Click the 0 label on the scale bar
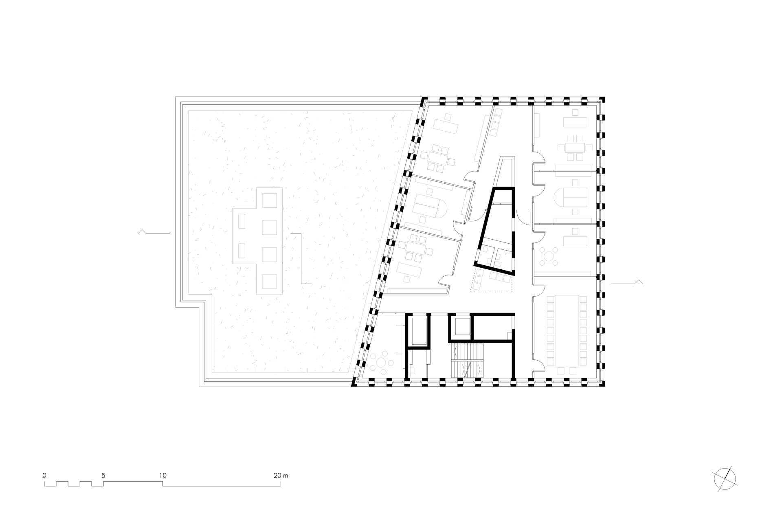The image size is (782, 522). click(44, 475)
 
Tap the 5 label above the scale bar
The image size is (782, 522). click(103, 475)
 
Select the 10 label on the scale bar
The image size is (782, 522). click(163, 475)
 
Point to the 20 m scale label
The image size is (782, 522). click(281, 475)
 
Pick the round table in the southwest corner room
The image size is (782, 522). click(382, 362)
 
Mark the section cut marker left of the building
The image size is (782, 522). click(154, 232)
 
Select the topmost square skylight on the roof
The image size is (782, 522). click(269, 200)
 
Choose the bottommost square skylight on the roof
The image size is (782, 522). click(269, 282)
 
